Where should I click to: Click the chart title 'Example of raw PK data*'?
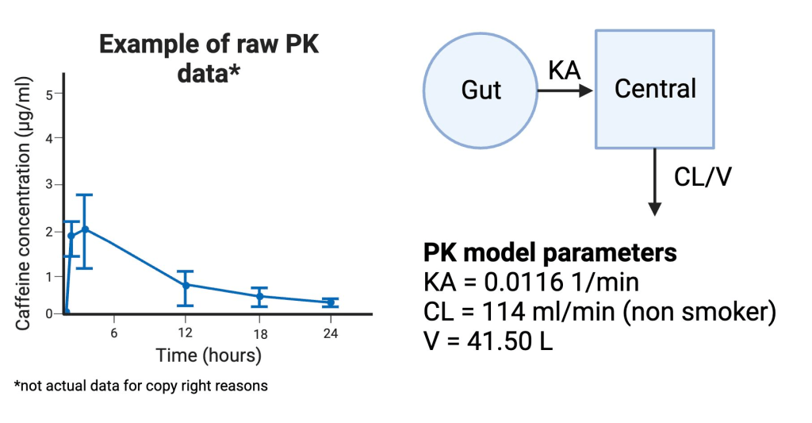209,57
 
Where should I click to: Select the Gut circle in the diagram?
481,90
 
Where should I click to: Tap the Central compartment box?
655,88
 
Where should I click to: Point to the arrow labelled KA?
565,90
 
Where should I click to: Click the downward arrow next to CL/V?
655,182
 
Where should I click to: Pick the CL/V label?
701,176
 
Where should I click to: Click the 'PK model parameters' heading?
550,252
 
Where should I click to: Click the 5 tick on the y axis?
49,94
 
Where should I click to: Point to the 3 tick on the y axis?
49,184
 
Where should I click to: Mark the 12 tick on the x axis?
186,333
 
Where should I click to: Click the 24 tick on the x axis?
330,333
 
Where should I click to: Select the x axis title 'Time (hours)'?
208,355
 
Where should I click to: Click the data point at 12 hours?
186,284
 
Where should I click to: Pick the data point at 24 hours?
330,302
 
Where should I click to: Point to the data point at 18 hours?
259,296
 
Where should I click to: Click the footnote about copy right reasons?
141,386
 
